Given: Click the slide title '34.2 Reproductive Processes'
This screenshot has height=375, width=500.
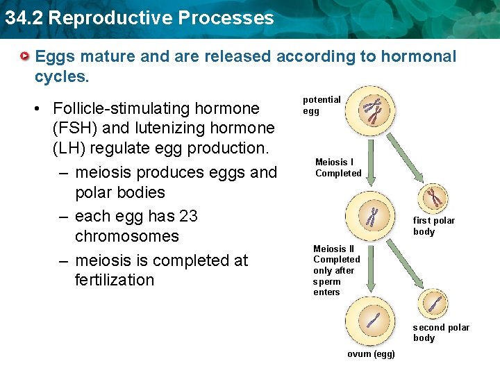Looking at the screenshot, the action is (x=140, y=18).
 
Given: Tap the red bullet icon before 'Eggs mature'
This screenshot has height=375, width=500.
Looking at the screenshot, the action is (x=25, y=56).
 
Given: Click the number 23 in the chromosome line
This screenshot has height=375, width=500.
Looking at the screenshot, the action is (x=188, y=216).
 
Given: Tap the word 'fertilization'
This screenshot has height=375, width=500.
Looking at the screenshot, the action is (x=115, y=280).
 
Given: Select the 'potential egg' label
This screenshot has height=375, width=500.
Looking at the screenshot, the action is (x=322, y=106).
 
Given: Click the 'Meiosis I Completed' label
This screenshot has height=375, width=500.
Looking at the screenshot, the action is (x=338, y=167).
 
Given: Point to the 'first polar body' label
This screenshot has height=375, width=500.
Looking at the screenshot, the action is (x=434, y=226).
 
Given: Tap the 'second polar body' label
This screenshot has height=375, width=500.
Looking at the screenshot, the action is (x=441, y=333).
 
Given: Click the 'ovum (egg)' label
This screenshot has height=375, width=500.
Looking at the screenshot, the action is (x=371, y=354).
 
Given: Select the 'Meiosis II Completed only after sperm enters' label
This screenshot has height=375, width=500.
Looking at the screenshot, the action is (x=336, y=270).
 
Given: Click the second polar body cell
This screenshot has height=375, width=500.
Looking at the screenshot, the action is (x=434, y=303).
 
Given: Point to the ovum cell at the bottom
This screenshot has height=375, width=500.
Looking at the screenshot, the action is (x=372, y=322).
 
